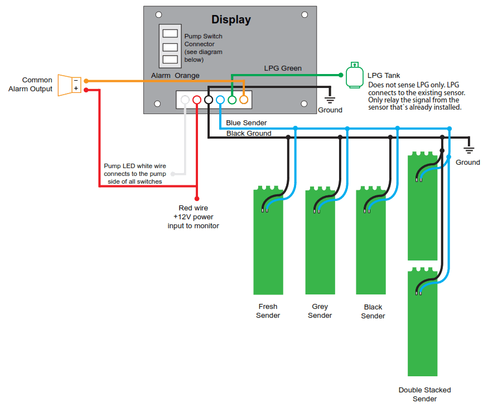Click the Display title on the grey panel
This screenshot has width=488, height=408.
pos(231,20)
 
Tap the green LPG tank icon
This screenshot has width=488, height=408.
pos(354,75)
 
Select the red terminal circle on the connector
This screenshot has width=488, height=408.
pos(196,100)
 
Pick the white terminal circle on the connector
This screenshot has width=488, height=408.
pos(185,100)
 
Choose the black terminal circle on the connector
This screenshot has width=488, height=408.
pos(208,100)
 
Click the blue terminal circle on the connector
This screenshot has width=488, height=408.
pos(220,100)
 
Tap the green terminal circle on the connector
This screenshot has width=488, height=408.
pos(231,100)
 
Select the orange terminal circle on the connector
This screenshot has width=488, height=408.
pos(243,100)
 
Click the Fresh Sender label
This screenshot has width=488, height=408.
pos(268,311)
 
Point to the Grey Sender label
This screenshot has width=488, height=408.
pos(320,311)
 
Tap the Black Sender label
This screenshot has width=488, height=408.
pos(373,312)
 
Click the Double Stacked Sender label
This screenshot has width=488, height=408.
pos(424,394)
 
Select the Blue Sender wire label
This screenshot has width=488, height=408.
pos(247,123)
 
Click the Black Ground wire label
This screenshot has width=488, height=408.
pos(249,134)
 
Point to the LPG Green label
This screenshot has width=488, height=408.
pos(283,68)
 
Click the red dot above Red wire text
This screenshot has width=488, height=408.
pos(197,198)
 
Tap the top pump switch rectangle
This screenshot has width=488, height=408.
pos(170,33)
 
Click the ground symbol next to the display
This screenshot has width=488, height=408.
pos(330,100)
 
